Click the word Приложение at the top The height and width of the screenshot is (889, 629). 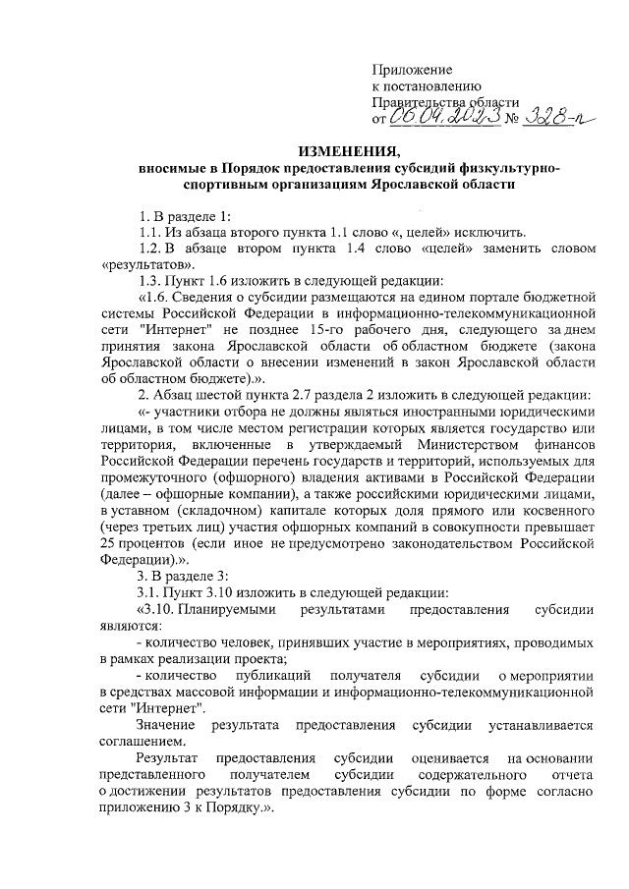click(412, 70)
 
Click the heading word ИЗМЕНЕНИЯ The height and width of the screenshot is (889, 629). click(351, 150)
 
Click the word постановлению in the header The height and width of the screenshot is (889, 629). click(426, 86)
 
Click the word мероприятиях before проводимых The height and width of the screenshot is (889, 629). click(450, 642)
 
